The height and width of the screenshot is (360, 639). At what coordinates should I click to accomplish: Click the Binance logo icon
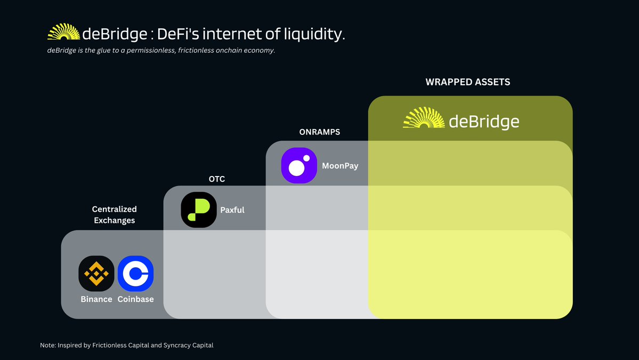coord(96,274)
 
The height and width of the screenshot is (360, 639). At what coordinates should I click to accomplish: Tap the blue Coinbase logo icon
coord(136,274)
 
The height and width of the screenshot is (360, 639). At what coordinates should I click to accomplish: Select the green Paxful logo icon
coord(199,210)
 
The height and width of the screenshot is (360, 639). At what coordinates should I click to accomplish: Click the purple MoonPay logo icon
coord(299,165)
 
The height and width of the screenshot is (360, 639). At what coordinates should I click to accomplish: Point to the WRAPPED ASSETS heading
coord(468,82)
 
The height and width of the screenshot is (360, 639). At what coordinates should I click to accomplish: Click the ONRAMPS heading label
coord(320,132)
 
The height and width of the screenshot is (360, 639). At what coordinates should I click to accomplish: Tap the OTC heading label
coord(217,179)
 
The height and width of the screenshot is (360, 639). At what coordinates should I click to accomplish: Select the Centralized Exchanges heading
coord(115,214)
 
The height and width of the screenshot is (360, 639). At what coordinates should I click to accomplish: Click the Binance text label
coord(96,299)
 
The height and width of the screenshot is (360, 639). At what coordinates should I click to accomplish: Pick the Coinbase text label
coord(136,299)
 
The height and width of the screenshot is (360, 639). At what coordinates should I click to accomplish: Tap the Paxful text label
coord(232,210)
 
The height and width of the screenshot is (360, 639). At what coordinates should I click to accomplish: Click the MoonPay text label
coord(340,166)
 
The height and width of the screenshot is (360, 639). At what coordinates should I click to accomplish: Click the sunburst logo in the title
coord(63,32)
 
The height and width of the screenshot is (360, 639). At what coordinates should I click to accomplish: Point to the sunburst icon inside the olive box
coord(424,118)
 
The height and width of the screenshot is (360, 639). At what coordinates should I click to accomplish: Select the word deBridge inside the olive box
coord(484,122)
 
